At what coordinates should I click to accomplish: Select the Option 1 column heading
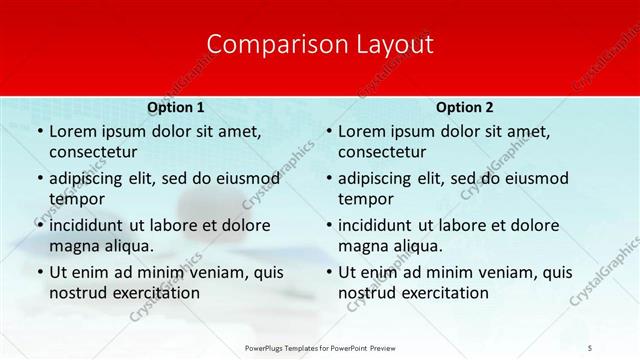[175, 107]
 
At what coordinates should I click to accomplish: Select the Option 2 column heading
[465, 107]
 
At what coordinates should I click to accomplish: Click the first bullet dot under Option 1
[38, 131]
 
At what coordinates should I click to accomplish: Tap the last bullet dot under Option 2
[328, 272]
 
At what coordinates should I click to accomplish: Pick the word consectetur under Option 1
[93, 152]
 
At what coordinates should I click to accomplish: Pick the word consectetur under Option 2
[383, 152]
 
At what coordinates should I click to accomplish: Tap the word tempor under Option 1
[76, 199]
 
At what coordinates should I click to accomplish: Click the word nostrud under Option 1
[77, 293]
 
